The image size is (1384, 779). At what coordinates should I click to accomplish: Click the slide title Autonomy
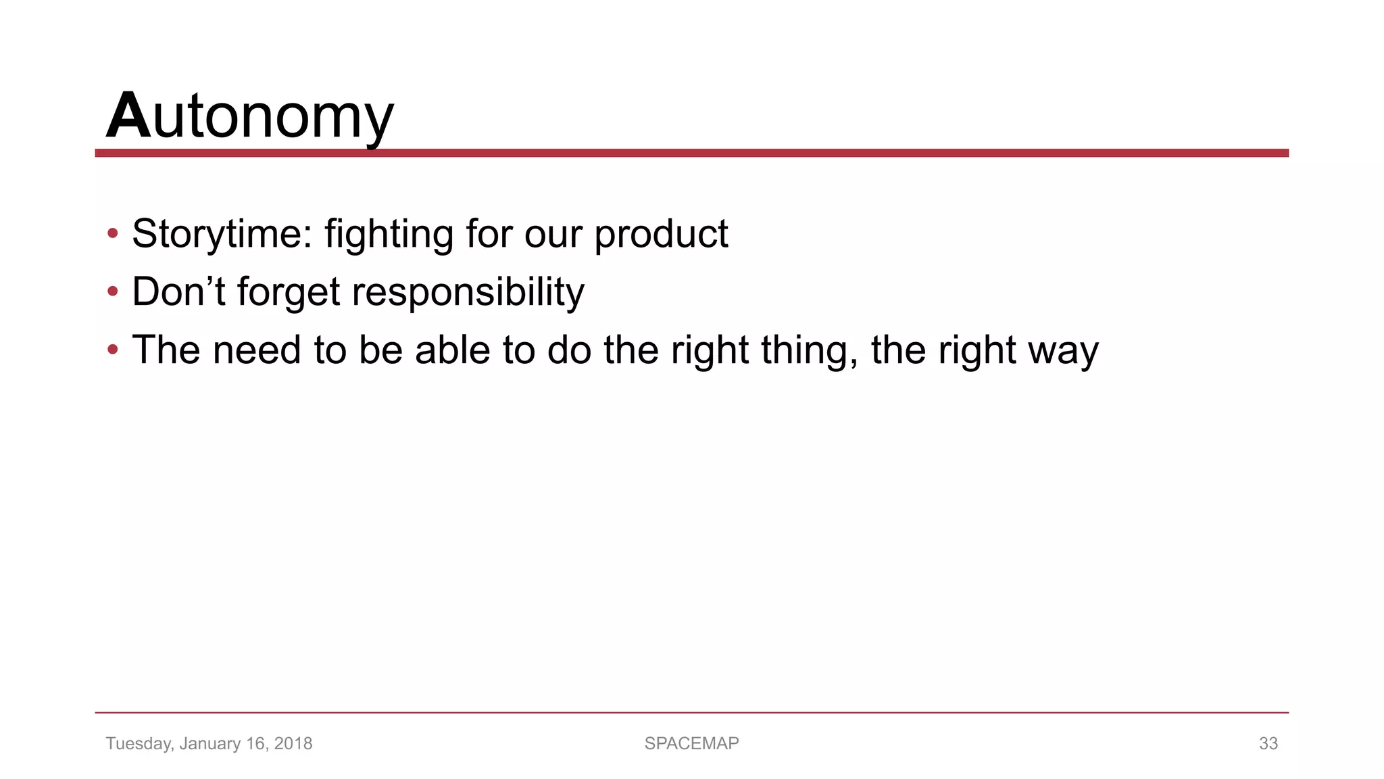[250, 116]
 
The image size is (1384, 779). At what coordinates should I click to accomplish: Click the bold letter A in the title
[128, 116]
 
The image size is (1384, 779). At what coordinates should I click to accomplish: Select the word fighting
[389, 234]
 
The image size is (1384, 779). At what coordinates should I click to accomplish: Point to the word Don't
[178, 292]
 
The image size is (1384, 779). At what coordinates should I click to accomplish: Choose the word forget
[289, 292]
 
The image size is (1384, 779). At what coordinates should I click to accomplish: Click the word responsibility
[468, 292]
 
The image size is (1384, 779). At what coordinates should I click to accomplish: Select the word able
[452, 350]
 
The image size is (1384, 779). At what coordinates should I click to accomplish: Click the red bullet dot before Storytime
[113, 234]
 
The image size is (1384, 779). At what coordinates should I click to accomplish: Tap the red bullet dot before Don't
[113, 292]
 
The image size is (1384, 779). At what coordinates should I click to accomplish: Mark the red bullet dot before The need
[113, 350]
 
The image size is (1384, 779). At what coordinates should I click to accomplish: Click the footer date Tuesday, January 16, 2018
[209, 743]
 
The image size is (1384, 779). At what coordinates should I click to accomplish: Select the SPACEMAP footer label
[691, 743]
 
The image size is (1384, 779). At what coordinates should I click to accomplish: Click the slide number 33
[1268, 743]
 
